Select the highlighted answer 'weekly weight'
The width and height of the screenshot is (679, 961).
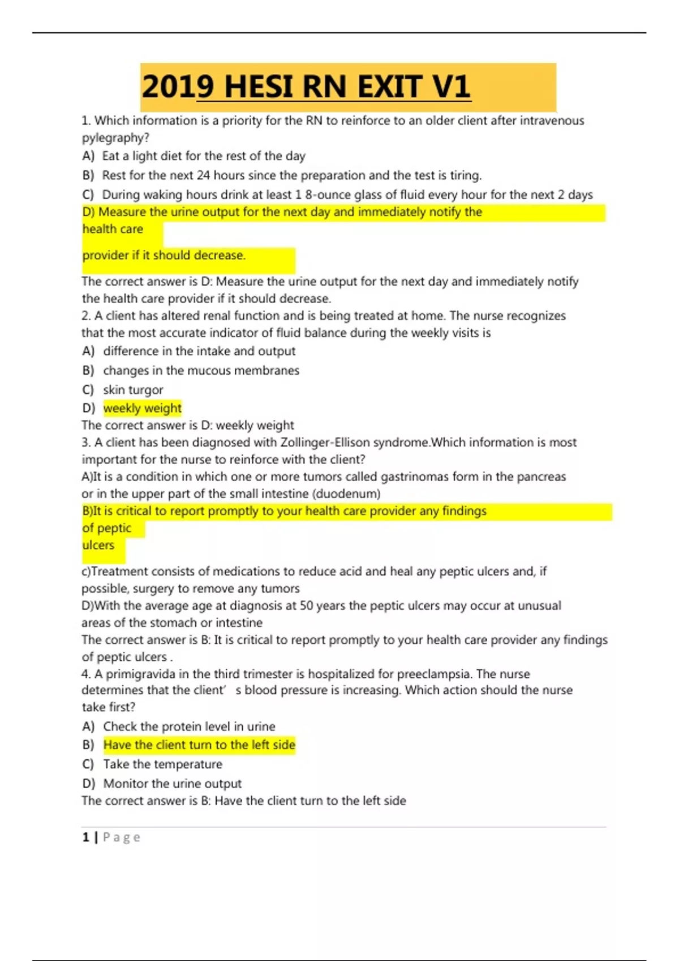tap(143, 408)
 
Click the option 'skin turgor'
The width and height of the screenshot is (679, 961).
tap(133, 390)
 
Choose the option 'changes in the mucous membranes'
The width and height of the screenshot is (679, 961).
tap(201, 371)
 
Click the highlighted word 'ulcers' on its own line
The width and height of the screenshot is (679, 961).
tap(98, 546)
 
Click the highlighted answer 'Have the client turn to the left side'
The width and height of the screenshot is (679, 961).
tap(199, 745)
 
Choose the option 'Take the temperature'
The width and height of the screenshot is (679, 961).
tap(162, 764)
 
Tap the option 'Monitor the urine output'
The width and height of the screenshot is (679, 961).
tap(172, 783)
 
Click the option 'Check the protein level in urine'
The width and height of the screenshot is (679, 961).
tap(189, 726)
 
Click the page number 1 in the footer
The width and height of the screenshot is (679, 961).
tap(86, 837)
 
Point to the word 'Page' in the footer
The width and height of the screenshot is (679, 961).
tap(122, 837)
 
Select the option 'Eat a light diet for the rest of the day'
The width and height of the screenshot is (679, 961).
tap(204, 156)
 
